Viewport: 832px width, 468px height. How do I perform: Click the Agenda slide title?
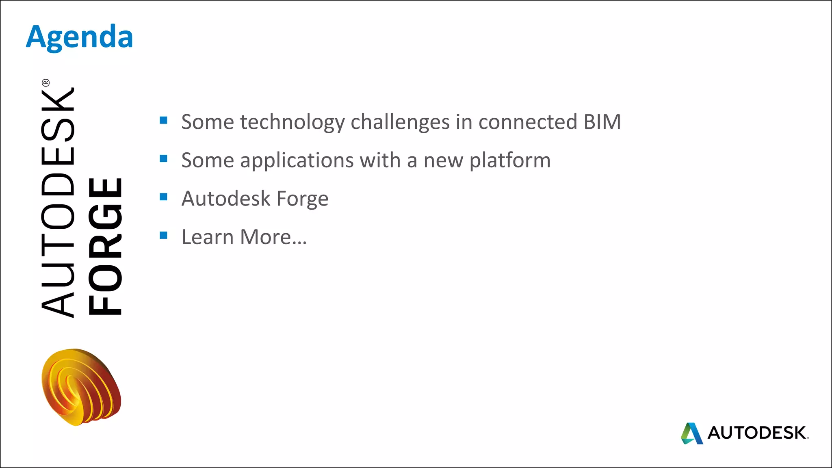tap(80, 37)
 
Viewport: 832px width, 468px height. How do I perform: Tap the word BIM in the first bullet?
tap(602, 122)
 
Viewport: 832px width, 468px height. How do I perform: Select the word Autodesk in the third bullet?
tap(226, 199)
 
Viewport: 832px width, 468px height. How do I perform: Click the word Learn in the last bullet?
tap(208, 237)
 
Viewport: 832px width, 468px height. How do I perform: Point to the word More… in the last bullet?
tap(273, 237)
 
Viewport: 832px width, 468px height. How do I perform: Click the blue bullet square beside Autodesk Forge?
tap(164, 197)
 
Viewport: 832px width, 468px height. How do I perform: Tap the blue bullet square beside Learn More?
tap(164, 235)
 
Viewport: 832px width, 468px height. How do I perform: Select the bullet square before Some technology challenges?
tap(164, 120)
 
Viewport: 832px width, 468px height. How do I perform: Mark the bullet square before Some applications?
tap(164, 158)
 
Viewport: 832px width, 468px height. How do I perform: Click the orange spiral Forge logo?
tap(81, 387)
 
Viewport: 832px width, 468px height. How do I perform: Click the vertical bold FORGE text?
tap(105, 247)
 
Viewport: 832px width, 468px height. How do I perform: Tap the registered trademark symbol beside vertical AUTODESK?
tap(45, 83)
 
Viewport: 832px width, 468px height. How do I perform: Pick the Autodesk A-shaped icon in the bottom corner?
tap(692, 433)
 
